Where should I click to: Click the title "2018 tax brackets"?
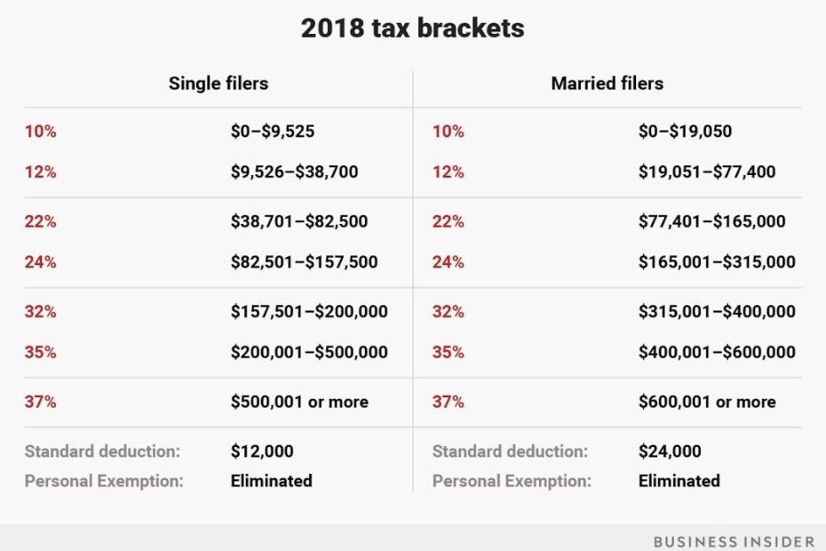412,28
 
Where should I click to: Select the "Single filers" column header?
218,84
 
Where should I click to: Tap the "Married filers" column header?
607,84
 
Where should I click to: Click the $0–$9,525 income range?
272,132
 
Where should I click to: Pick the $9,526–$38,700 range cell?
294,172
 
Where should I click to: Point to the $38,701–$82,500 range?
298,221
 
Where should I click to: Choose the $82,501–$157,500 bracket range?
304,262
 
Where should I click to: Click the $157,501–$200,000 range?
309,312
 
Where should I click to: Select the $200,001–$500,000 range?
309,352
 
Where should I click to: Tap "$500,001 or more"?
299,402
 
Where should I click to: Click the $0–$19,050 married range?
685,132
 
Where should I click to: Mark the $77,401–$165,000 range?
711,221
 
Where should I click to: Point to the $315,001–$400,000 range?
717,312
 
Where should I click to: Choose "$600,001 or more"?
707,402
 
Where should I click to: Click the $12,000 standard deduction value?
262,451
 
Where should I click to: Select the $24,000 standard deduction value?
670,451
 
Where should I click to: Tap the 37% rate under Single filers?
40,402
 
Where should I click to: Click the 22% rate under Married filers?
448,221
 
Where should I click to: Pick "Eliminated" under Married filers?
679,481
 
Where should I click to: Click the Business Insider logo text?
732,540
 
